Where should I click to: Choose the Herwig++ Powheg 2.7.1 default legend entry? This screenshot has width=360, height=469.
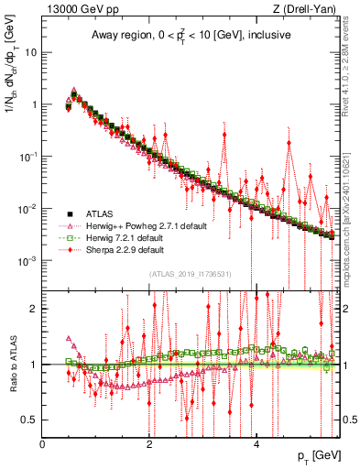pos(146,225)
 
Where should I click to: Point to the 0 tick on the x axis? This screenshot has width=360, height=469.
pos(42,443)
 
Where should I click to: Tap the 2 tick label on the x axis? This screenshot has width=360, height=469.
pos(149,443)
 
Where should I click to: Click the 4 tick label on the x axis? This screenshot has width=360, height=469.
pos(256,443)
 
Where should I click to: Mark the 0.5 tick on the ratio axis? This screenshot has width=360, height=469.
pos(28,420)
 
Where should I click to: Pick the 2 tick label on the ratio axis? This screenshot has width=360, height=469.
pos(33,308)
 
